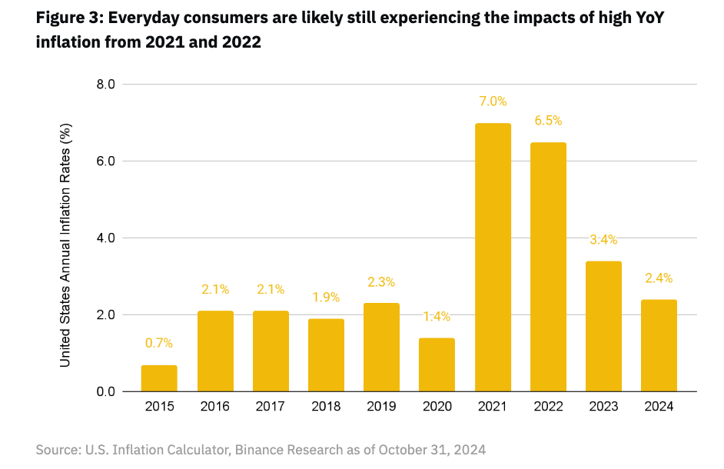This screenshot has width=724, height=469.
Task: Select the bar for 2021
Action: (x=493, y=258)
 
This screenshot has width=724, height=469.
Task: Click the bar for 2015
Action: (x=159, y=378)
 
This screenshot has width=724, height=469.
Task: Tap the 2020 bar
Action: (x=437, y=364)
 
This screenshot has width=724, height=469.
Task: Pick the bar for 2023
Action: (x=604, y=326)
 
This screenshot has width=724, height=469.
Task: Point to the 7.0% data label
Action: (x=493, y=101)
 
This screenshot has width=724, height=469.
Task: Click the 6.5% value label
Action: (x=548, y=121)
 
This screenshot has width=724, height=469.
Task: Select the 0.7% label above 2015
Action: (x=159, y=344)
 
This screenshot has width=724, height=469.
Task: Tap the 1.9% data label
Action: (x=326, y=298)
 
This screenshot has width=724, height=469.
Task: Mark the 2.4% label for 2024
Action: (x=659, y=278)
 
